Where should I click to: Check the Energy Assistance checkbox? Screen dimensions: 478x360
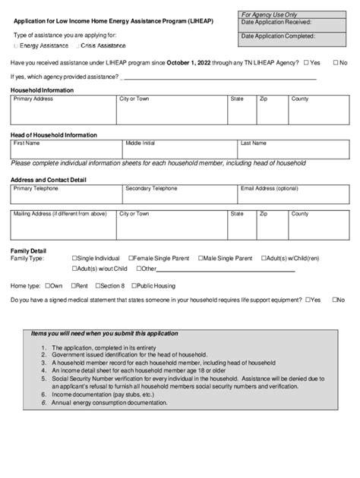(x=16, y=46)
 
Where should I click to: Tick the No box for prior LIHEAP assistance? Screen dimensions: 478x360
(x=335, y=62)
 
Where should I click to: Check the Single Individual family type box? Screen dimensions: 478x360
(x=75, y=259)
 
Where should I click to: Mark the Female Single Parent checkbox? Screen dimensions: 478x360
(x=131, y=259)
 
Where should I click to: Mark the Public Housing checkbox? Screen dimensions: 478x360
(x=134, y=286)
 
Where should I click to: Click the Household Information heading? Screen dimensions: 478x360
(x=42, y=90)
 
